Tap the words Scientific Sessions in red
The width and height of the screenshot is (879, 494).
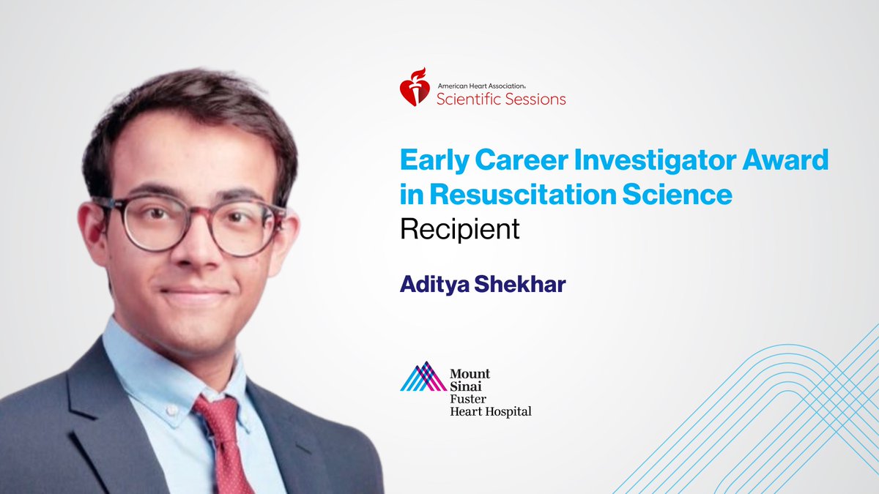(x=501, y=99)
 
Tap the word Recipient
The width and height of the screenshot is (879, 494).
(x=460, y=229)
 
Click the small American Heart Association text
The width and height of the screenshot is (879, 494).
(x=492, y=85)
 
